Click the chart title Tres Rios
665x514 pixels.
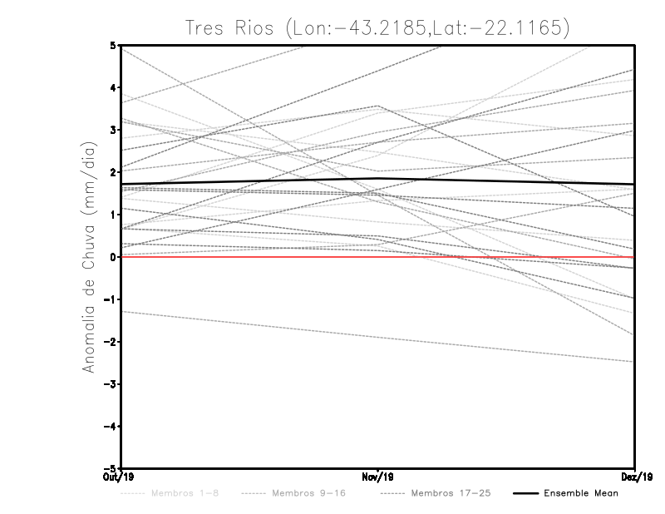tap(379, 27)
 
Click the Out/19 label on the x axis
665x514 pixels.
tap(121, 477)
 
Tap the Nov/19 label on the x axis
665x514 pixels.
tap(378, 477)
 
